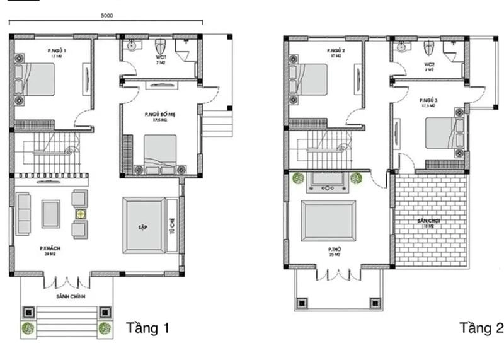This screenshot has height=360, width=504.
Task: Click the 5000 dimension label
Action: pyautogui.click(x=107, y=16)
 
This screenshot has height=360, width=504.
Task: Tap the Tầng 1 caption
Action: pyautogui.click(x=148, y=328)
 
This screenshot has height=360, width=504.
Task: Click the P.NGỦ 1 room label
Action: pyautogui.click(x=56, y=50)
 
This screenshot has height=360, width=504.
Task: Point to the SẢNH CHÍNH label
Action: pyautogui.click(x=69, y=296)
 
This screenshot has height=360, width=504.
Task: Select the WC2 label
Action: pyautogui.click(x=428, y=65)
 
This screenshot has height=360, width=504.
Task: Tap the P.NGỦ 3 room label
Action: pyautogui.click(x=428, y=102)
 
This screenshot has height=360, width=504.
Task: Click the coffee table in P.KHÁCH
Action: pyautogui.click(x=50, y=213)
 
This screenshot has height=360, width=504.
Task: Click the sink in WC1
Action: pyautogui.click(x=132, y=45)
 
